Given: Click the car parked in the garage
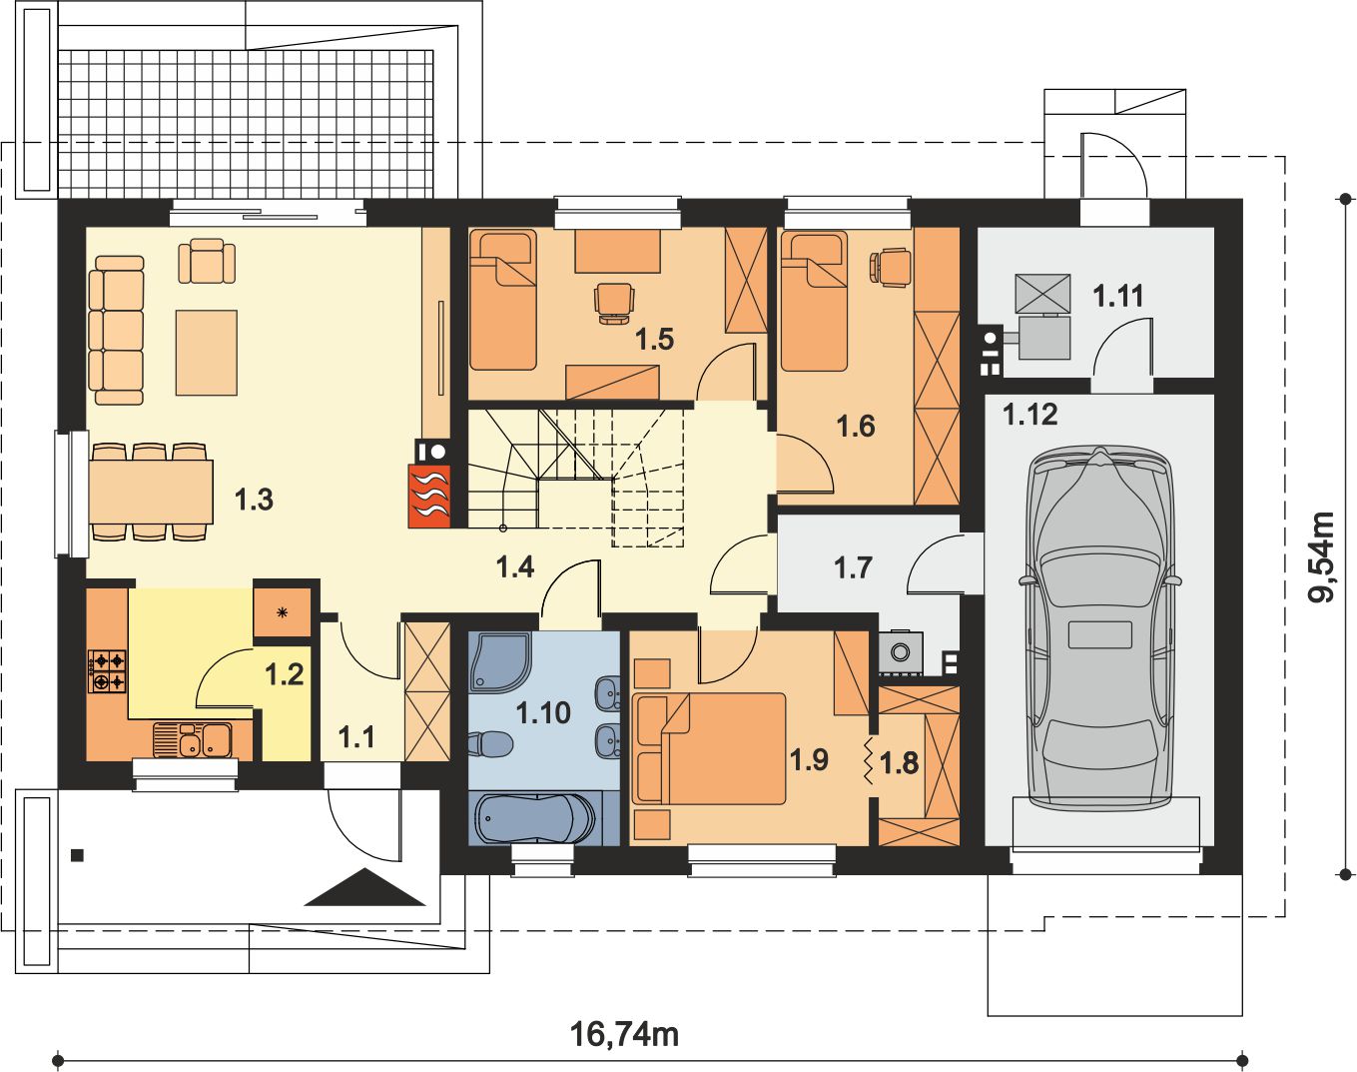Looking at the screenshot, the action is (1099, 625).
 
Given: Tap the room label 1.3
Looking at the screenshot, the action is (254, 500).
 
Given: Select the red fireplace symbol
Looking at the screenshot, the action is (429, 496).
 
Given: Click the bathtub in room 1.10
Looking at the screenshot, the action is (535, 818).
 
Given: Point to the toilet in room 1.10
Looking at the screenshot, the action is (490, 742).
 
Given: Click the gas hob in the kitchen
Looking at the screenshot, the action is (107, 671).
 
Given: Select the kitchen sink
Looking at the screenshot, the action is (193, 740).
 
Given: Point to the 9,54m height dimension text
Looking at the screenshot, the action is (1320, 556).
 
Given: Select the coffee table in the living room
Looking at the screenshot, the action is (207, 353).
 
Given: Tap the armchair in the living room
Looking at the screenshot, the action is (207, 261).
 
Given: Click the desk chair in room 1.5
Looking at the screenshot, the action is (613, 303).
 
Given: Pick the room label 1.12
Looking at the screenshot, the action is (1030, 415).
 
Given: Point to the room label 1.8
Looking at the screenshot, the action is (900, 763).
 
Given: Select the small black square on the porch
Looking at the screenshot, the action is (78, 855).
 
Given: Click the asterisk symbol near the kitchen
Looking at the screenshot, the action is (283, 611).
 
